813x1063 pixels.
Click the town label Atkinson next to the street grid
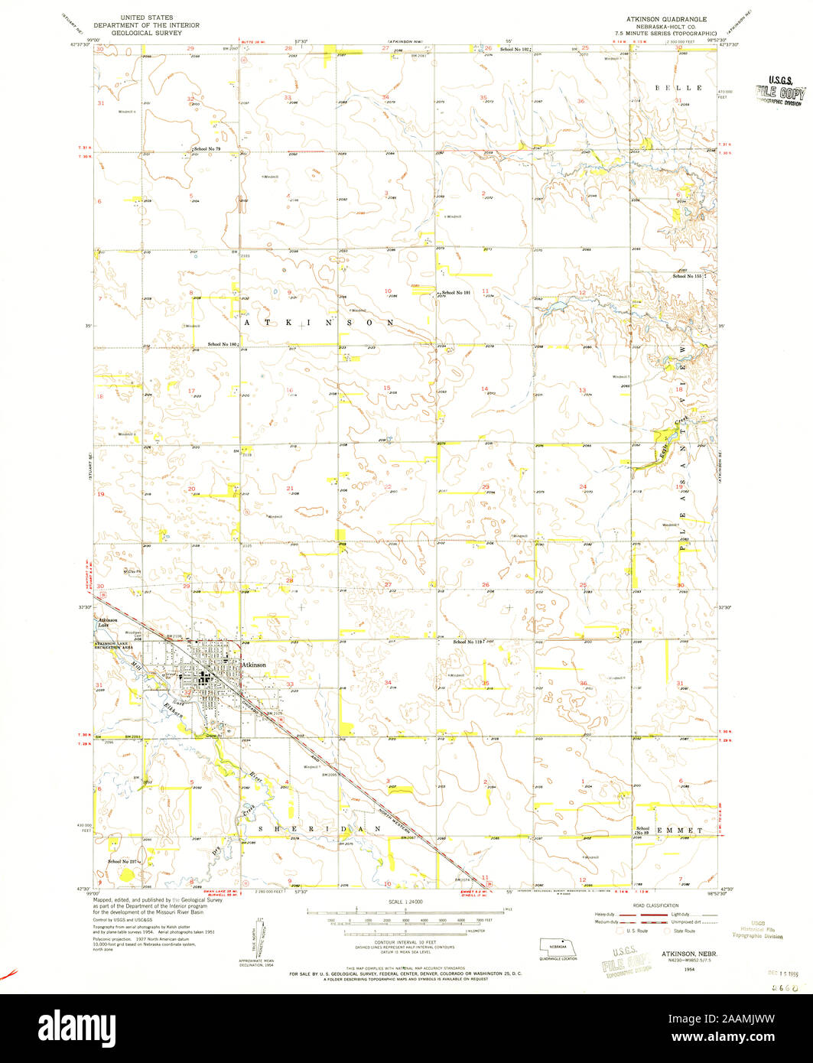254,665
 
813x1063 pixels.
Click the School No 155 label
687,275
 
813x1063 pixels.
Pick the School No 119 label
469,641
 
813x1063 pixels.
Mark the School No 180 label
223,344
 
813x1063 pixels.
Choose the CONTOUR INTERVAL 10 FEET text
406,941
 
